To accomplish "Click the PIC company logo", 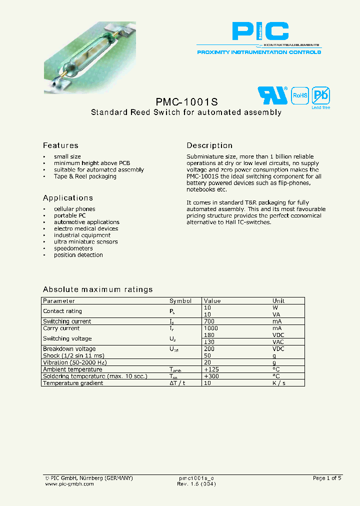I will pyautogui.click(x=260, y=31).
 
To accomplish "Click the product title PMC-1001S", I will pyautogui.click(x=186, y=100).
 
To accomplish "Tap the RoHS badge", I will pyautogui.click(x=299, y=95).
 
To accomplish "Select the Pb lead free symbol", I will pyautogui.click(x=320, y=95).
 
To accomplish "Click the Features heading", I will pyautogui.click(x=60, y=145).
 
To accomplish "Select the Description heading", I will pyautogui.click(x=209, y=145).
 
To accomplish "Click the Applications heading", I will pyautogui.click(x=68, y=198).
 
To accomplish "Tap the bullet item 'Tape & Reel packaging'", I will pyautogui.click(x=85, y=176).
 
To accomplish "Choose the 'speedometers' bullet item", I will pyautogui.click(x=73, y=248).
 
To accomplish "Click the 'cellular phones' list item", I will pyautogui.click(x=74, y=209).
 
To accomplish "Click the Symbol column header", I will pyautogui.click(x=180, y=301).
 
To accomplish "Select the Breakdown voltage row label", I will pyautogui.click(x=69, y=349).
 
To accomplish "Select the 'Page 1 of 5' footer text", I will pyautogui.click(x=327, y=478).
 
